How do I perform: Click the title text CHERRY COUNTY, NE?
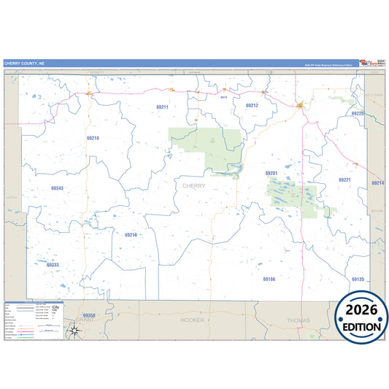[24, 63]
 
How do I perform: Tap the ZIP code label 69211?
[162, 107]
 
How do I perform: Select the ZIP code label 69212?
[252, 105]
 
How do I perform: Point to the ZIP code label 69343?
[57, 188]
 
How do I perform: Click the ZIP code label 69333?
[53, 265]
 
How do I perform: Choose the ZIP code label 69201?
[271, 173]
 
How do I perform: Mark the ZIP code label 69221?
[344, 180]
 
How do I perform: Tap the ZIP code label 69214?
[377, 182]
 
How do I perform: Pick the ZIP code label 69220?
[357, 114]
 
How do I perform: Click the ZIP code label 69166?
[269, 279]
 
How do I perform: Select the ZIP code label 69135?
[358, 280]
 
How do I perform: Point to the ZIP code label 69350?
[89, 315]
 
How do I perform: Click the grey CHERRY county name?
[194, 186]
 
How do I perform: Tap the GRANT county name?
[85, 320]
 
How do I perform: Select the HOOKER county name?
[193, 320]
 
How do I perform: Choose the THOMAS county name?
[299, 320]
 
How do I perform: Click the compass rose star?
[74, 331]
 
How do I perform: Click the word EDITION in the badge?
[361, 327]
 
